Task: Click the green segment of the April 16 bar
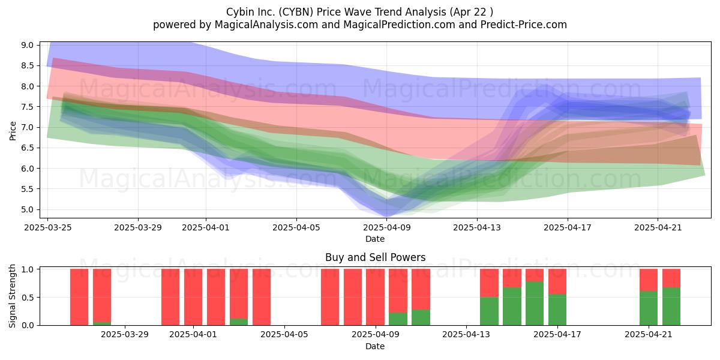pos(535,304)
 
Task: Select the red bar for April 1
pos(193,297)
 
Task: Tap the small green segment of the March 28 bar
pos(102,323)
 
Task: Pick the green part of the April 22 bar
pos(671,307)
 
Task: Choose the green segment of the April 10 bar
pos(398,319)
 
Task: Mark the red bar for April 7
pos(330,297)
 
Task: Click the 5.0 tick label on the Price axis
pos(28,209)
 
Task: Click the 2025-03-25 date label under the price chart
pos(48,227)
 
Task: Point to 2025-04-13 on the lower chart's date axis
pos(466,335)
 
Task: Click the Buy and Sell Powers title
pos(375,257)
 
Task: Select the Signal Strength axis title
pos(12,296)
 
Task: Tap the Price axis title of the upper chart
pos(13,131)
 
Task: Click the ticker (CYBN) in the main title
pos(296,12)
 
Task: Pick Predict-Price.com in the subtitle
pos(524,25)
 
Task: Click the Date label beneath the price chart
pos(375,239)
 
